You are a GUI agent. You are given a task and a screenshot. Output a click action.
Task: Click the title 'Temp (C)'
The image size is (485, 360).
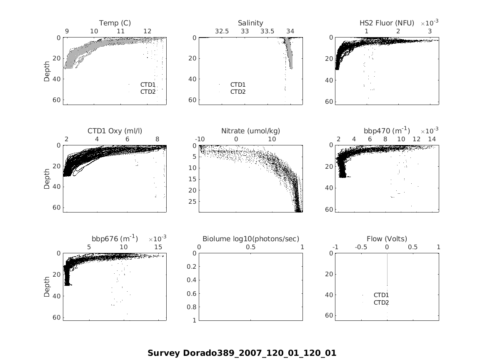pos(115,23)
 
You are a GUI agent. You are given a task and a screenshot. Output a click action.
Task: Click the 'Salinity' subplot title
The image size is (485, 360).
pos(250,23)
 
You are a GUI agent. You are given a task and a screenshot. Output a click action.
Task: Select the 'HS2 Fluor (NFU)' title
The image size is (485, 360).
pos(387,23)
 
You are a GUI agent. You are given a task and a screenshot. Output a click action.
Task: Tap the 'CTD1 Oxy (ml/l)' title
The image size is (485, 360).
pos(115,131)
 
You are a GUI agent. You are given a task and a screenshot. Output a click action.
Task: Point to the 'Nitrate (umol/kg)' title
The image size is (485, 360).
pos(250,131)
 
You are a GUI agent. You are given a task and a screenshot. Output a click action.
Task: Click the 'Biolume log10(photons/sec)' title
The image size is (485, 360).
pos(250,239)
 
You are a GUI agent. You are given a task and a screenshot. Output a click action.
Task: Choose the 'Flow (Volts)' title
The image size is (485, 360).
pos(387,239)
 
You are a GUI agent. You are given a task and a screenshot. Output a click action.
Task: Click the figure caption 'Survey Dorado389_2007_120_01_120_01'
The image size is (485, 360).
pos(242,353)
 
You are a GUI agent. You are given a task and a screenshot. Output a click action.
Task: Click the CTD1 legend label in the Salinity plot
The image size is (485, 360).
pos(238,85)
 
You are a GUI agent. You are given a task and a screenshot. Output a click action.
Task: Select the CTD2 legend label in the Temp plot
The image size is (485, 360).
pos(148,92)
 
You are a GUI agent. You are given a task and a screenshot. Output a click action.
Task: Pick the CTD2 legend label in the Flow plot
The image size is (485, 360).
pos(381,302)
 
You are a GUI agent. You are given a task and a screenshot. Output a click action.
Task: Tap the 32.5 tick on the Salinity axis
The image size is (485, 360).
pos(222,31)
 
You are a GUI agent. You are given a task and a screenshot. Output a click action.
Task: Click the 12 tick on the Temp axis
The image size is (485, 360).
pos(147,31)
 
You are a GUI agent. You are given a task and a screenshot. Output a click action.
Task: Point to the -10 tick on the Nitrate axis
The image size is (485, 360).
pos(200,139)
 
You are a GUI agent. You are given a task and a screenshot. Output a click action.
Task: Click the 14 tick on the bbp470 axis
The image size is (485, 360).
pos(432,139)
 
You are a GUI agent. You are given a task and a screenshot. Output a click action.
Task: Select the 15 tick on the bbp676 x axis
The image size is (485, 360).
pos(158,247)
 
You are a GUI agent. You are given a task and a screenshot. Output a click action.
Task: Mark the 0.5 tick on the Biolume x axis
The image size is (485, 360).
pos(250,247)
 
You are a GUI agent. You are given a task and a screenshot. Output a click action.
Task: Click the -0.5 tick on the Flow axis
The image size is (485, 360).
pos(361,247)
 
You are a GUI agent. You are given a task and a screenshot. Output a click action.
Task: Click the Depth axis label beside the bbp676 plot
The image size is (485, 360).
pos(47,287)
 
